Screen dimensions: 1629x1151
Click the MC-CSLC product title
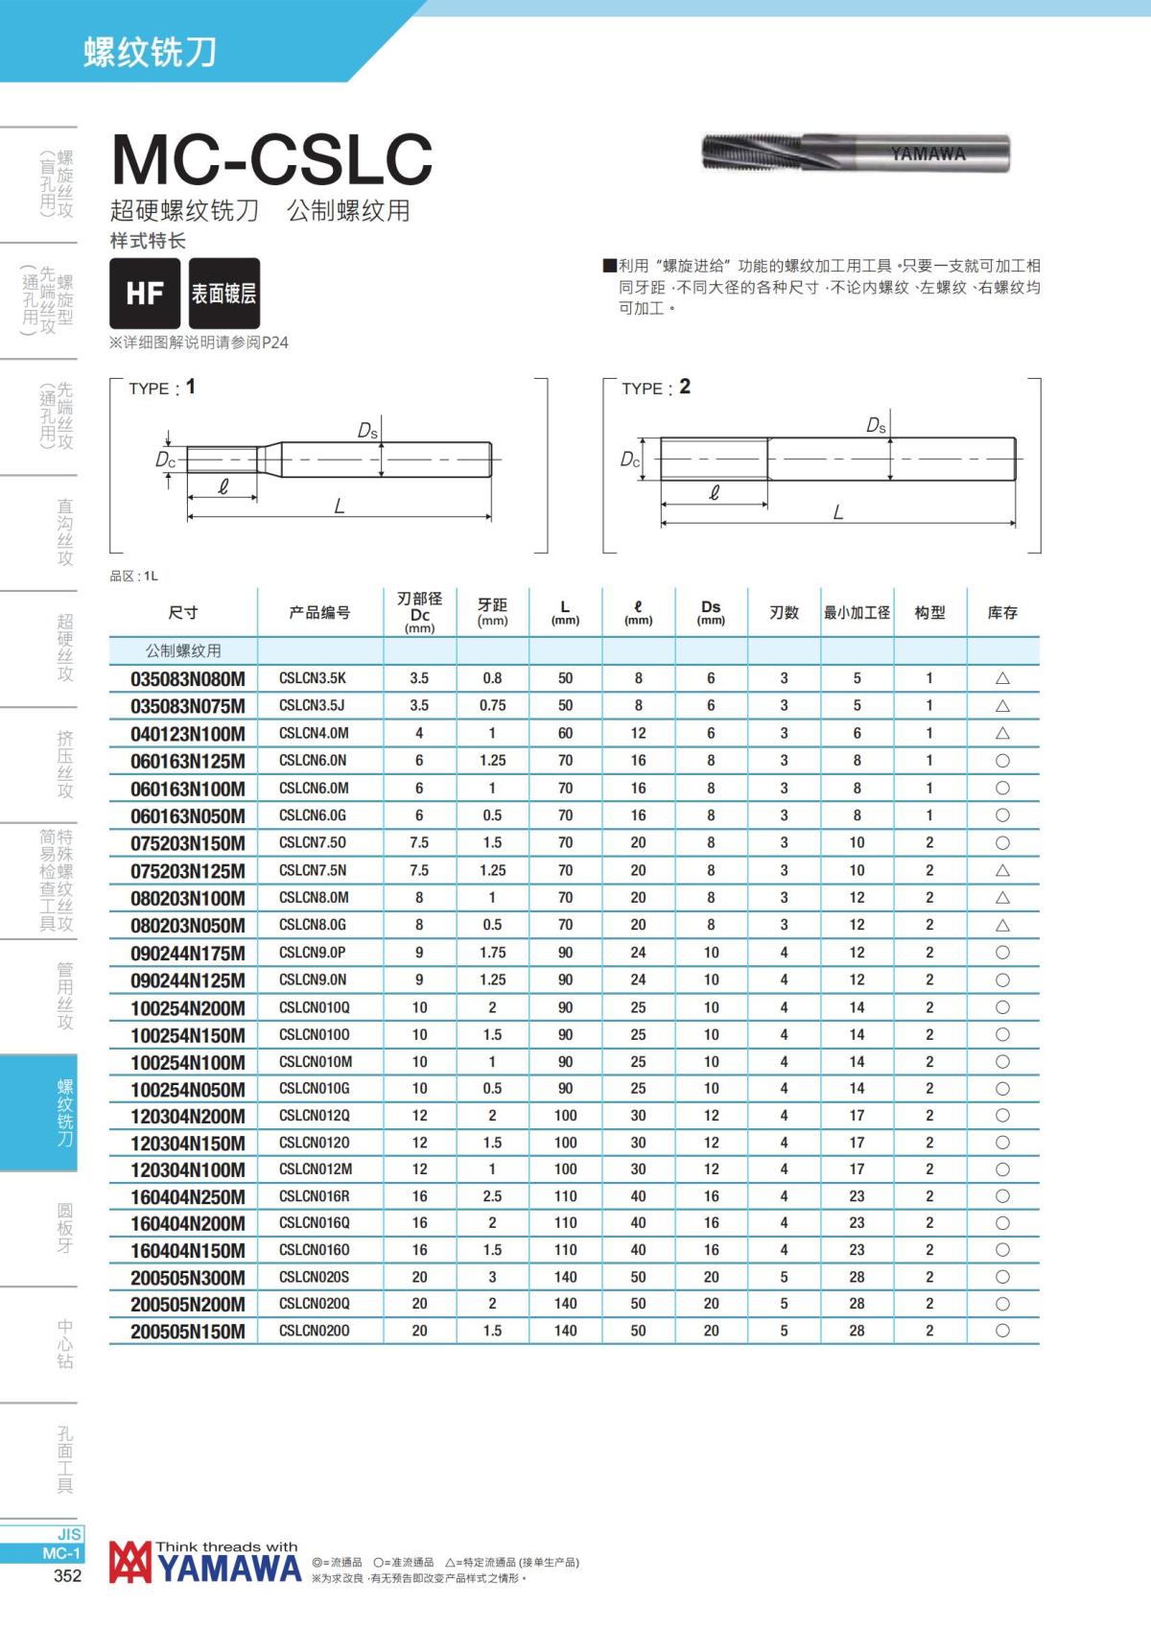(x=272, y=159)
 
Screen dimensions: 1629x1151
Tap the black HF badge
(x=145, y=293)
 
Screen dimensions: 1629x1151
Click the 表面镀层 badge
(x=223, y=293)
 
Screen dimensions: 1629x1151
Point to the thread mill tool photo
(x=856, y=153)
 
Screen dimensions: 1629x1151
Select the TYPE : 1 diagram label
(x=162, y=388)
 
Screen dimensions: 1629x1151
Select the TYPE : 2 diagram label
(x=656, y=388)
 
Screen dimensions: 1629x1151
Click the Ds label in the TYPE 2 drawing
(x=876, y=425)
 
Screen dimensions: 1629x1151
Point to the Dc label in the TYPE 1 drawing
(x=166, y=460)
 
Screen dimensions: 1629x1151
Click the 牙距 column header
(x=492, y=611)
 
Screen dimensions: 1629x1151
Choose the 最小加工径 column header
(x=857, y=612)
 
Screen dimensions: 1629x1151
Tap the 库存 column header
(x=1002, y=612)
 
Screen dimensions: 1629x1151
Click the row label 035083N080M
(x=188, y=679)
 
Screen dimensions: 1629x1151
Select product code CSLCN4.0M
(x=314, y=733)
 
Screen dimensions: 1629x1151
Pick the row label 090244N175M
(x=188, y=954)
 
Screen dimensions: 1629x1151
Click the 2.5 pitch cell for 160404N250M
(x=492, y=1196)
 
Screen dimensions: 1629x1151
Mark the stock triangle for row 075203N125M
(x=1002, y=871)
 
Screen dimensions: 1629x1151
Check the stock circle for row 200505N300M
(x=1002, y=1277)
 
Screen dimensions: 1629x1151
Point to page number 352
(x=67, y=1575)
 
